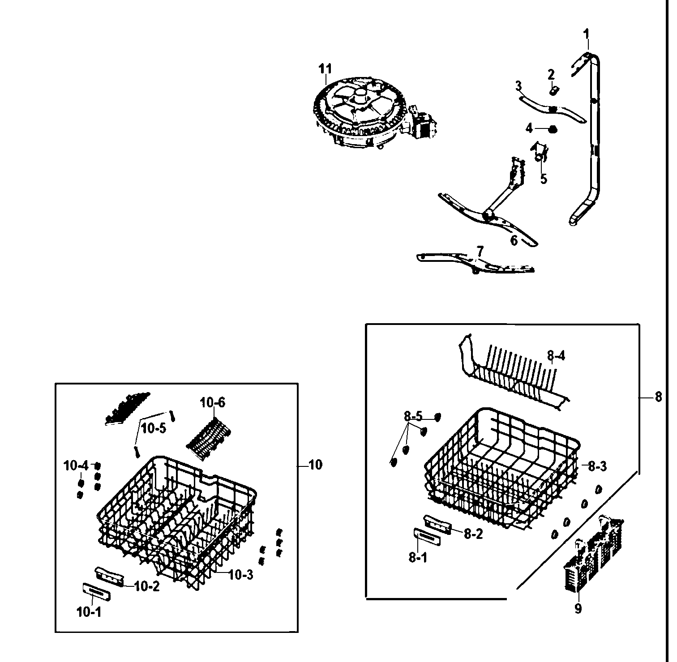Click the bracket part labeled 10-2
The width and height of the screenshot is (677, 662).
(109, 576)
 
